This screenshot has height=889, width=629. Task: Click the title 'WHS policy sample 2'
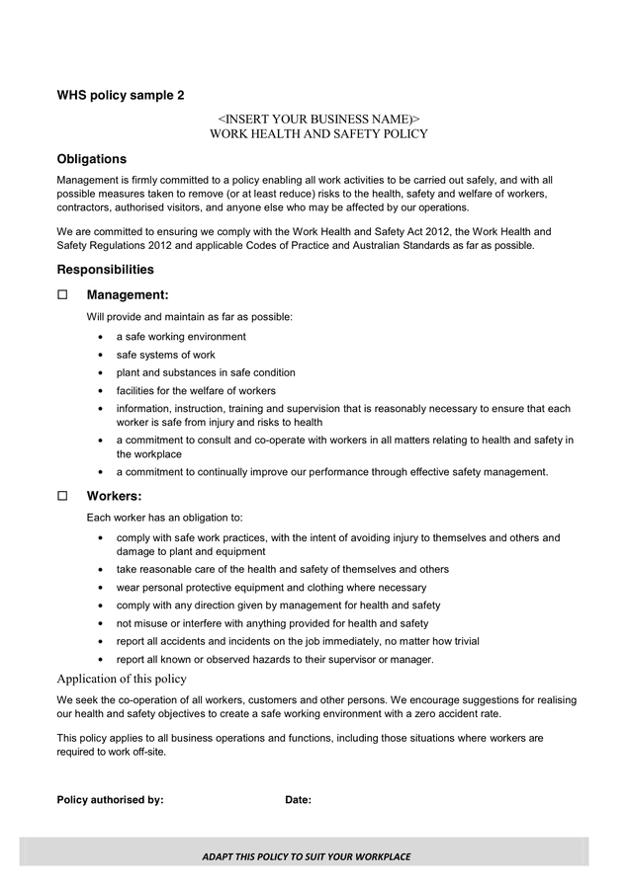click(120, 96)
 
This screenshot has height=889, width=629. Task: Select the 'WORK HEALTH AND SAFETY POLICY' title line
click(318, 133)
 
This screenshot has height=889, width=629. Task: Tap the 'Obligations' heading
click(91, 159)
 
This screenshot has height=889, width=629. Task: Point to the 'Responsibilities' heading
click(105, 269)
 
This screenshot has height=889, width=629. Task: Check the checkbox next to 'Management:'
click(63, 294)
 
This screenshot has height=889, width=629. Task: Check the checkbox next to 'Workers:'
click(63, 496)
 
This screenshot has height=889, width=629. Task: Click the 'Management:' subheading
click(128, 294)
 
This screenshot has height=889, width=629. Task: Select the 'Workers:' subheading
click(114, 496)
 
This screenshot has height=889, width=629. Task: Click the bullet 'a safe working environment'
click(181, 337)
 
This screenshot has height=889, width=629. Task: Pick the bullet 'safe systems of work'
click(165, 355)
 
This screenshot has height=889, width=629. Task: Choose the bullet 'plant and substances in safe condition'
click(206, 372)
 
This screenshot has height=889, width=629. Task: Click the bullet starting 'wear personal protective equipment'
click(271, 587)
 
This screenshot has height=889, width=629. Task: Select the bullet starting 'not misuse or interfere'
click(272, 623)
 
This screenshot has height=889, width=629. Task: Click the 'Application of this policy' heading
click(122, 679)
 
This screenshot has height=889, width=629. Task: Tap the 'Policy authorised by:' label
click(110, 800)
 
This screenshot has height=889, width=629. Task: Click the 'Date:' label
click(298, 800)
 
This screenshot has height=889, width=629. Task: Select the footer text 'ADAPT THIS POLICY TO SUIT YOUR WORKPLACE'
click(306, 856)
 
